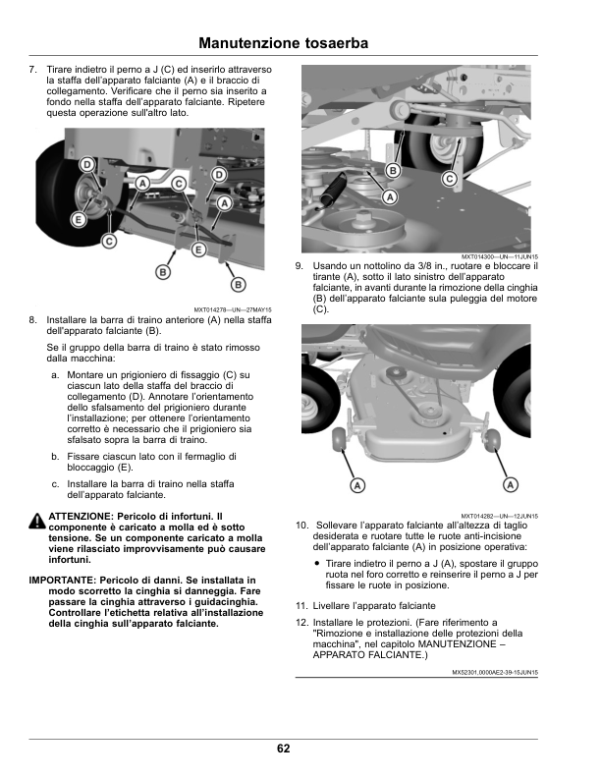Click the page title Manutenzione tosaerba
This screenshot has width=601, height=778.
coord(283,43)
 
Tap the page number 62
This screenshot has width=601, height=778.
coord(283,749)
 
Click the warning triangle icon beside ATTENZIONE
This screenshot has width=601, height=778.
coord(36,519)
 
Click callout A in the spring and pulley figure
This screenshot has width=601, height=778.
coord(390,197)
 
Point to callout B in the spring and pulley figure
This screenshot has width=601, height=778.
coord(393,171)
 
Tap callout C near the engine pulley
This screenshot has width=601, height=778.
coord(449,179)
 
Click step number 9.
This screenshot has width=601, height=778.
coord(299,266)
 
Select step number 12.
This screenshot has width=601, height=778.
coord(301,623)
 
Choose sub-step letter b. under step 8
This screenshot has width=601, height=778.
coord(54,457)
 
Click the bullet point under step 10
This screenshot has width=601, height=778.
coord(317,564)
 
